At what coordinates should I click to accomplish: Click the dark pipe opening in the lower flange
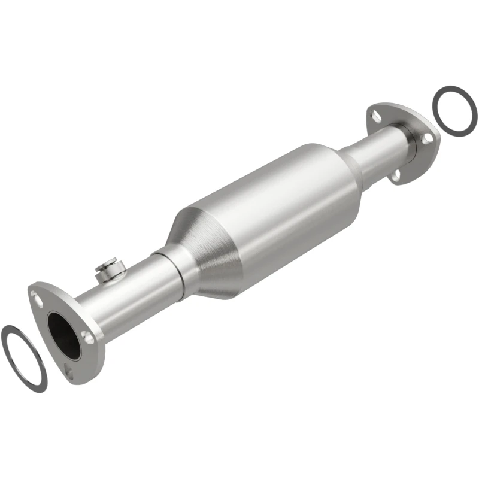pyautogui.click(x=64, y=335)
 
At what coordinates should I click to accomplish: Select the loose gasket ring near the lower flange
pyautogui.click(x=24, y=357)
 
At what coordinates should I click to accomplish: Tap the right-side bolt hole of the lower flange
pyautogui.click(x=89, y=337)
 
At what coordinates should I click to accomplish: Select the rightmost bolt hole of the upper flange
pyautogui.click(x=426, y=138)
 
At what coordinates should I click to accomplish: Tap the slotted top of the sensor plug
pyautogui.click(x=108, y=261)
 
